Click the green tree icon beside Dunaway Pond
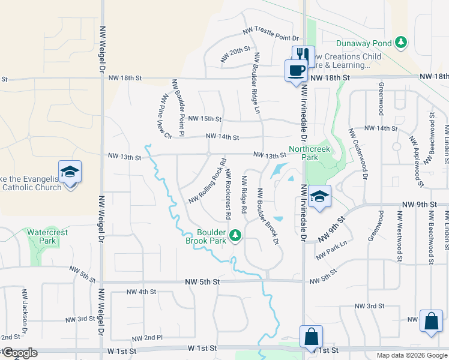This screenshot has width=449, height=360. pos(401,43)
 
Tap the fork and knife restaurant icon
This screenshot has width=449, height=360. pos(303,55)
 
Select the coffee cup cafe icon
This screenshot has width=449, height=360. pos(295,70)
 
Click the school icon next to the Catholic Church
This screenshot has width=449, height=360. pos(70,172)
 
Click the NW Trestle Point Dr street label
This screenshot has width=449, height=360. pos(271,34)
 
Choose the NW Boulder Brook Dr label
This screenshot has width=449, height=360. pos(268,217)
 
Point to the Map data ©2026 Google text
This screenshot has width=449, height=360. pos(411,355)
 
